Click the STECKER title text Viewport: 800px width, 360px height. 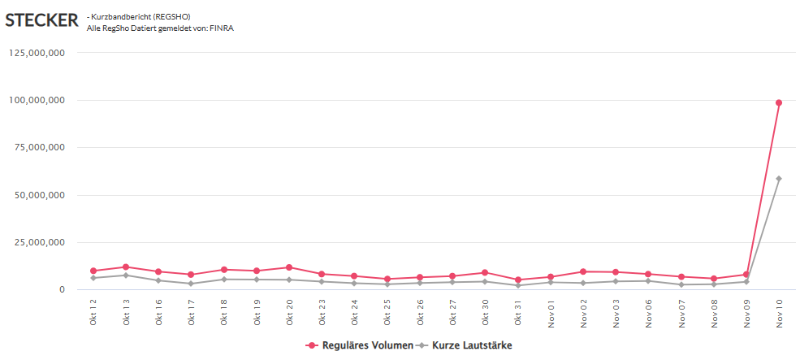coord(41,20)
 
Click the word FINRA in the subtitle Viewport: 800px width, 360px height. coord(222,28)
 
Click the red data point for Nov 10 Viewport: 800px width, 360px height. coord(778,102)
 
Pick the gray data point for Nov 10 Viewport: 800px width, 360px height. coord(778,179)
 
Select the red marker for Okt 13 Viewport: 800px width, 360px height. coord(126,267)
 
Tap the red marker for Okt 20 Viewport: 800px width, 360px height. coord(289,267)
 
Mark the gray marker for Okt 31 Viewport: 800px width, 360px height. coord(517,285)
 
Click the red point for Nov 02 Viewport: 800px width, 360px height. coord(583,271)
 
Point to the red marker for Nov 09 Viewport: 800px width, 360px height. coord(746,275)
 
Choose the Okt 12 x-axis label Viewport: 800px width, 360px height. coord(93,310)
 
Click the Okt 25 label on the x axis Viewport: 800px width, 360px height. coord(387,310)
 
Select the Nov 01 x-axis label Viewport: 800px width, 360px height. coord(551,310)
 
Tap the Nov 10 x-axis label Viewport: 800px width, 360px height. coord(779,310)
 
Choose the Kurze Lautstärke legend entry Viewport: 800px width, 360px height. coord(471,345)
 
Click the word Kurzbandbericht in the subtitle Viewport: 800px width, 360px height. coord(125,16)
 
